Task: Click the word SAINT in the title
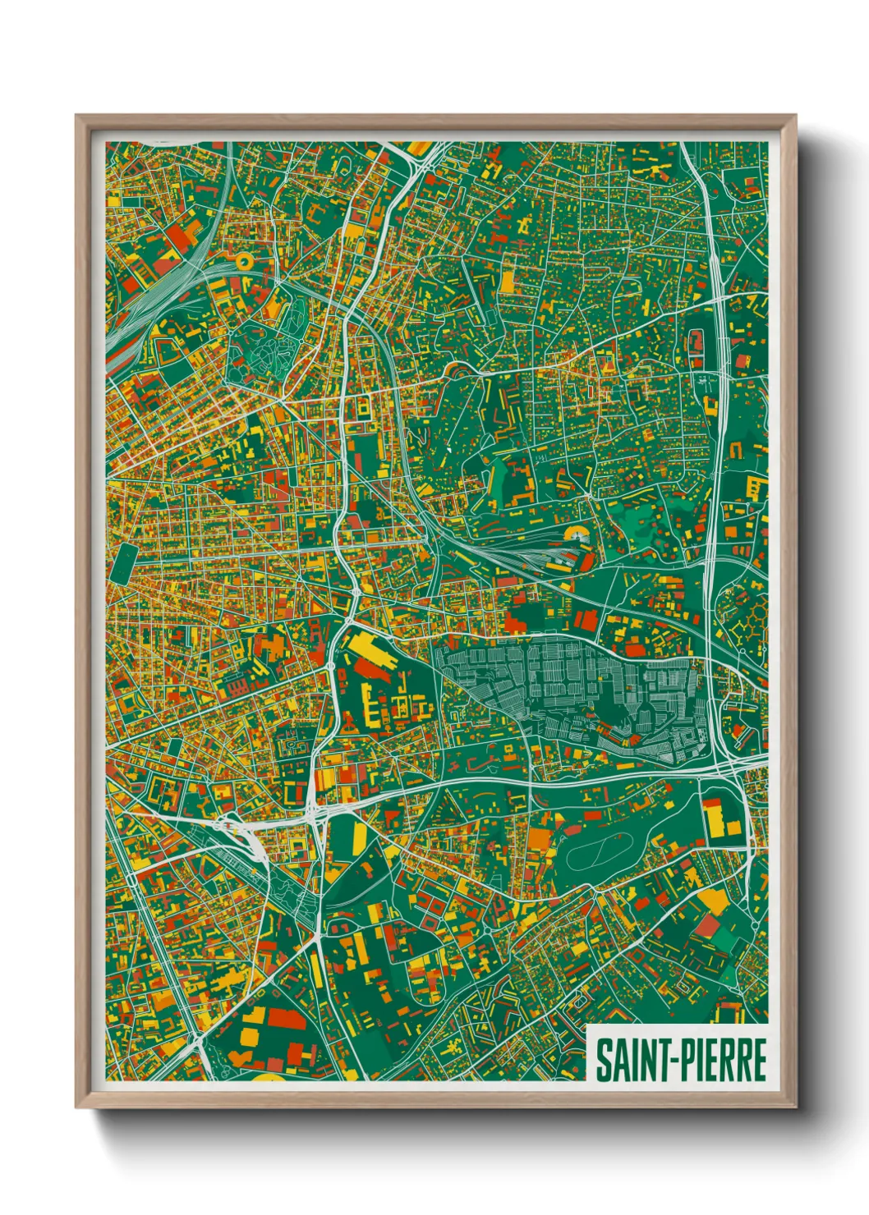click(629, 1060)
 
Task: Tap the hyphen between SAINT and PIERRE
click(667, 1061)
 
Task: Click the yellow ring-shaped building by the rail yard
click(244, 261)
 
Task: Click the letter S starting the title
click(603, 1060)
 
